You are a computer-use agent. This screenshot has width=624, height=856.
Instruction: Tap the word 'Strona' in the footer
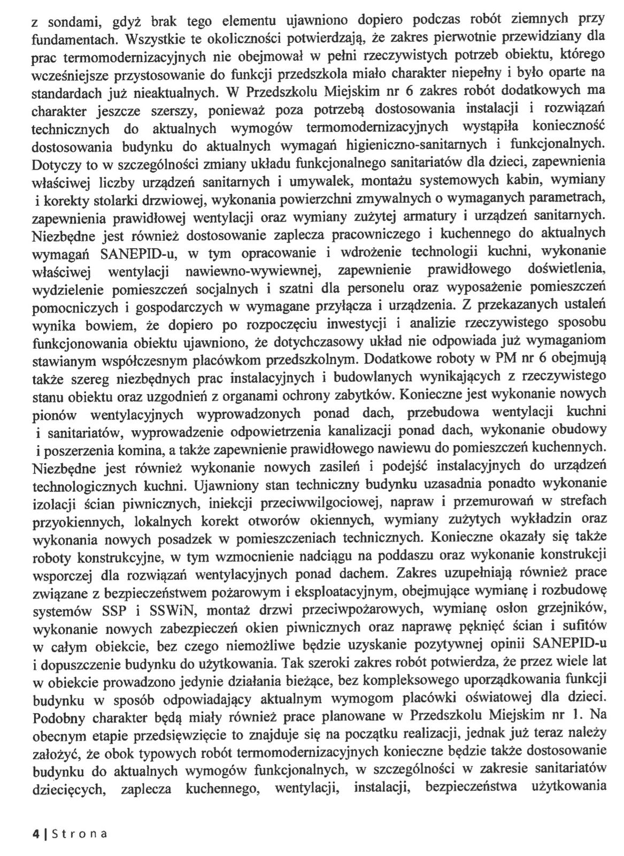[x=78, y=834]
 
